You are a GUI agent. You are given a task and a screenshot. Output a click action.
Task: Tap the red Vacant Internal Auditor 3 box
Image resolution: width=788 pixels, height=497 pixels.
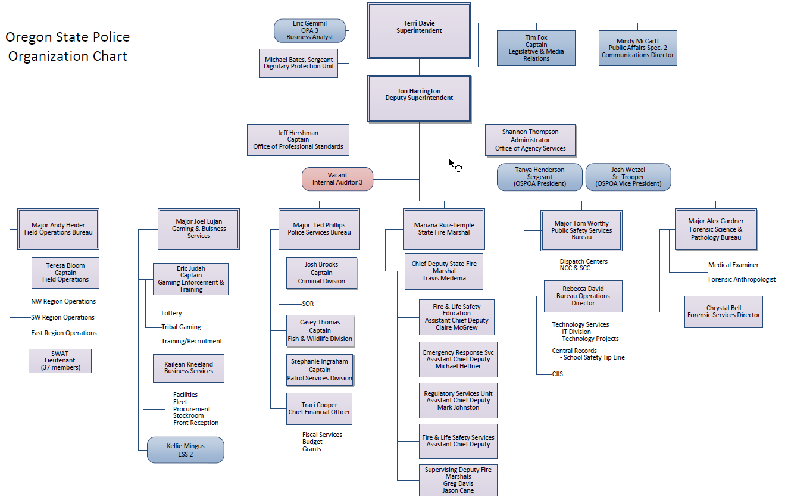pos(337,179)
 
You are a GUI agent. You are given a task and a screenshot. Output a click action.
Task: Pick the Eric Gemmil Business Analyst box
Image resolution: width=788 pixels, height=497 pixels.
pos(309,30)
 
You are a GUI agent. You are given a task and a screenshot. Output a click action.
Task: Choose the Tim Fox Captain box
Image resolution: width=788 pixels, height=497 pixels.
pos(536,48)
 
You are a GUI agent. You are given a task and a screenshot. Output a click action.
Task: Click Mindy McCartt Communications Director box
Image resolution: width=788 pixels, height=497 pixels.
pos(637,48)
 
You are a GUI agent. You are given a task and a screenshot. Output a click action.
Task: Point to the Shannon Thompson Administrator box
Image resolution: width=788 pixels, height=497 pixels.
pos(530,140)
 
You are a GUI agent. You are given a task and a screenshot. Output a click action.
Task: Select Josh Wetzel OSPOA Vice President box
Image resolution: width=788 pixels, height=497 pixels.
pos(628,177)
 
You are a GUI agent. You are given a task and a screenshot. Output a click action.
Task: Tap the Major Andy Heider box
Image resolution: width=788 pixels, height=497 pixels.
pos(58,229)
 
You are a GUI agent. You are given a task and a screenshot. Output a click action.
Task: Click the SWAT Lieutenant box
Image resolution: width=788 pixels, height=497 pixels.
pos(60,361)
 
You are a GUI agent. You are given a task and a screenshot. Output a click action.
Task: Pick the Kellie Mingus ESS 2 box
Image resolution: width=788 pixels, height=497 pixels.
pos(185,450)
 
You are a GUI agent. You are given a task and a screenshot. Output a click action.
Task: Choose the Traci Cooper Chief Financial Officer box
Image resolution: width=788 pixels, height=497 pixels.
pos(319,409)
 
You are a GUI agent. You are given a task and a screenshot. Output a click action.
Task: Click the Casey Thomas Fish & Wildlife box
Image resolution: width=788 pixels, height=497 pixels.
pos(320,331)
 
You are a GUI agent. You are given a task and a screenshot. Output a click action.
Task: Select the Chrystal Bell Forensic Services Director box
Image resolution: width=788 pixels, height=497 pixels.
pos(723,311)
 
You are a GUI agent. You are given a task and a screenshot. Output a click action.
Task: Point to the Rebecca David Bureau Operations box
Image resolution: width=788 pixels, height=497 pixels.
pos(583,296)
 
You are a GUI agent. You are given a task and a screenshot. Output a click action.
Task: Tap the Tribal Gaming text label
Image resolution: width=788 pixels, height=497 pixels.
pos(181,327)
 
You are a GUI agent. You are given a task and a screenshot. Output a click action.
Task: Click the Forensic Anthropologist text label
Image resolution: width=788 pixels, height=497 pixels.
pos(742,279)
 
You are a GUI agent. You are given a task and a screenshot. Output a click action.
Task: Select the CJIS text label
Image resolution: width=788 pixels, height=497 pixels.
pos(557,374)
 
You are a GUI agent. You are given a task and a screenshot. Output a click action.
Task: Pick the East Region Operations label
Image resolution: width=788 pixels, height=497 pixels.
pos(64,333)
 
